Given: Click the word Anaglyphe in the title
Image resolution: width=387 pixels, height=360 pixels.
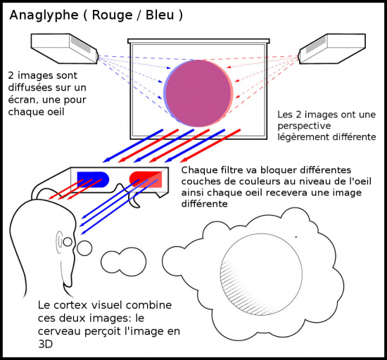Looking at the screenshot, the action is (x=44, y=15).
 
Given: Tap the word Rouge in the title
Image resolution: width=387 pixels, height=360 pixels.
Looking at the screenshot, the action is (x=113, y=15).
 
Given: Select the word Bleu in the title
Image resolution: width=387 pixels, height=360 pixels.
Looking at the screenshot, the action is (x=160, y=15).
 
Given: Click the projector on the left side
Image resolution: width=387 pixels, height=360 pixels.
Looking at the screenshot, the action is (x=65, y=49).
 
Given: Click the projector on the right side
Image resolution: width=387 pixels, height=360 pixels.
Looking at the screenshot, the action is (x=331, y=49).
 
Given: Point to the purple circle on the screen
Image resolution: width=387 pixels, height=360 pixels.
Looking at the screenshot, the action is (x=198, y=94).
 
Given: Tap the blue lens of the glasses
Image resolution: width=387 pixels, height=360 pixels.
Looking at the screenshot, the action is (x=93, y=179).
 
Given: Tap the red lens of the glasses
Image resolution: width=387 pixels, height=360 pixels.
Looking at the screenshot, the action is (x=146, y=179).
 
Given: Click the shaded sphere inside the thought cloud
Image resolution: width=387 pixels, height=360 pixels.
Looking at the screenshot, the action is (x=261, y=274).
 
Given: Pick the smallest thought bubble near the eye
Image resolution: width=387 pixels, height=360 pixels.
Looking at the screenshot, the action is (x=84, y=248).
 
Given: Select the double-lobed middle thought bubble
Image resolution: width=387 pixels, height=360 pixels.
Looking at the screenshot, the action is (x=123, y=262).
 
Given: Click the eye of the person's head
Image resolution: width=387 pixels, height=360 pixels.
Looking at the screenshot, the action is (x=68, y=242).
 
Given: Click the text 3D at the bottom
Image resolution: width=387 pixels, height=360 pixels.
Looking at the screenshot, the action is (x=46, y=345).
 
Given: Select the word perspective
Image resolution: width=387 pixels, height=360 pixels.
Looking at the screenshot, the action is (x=304, y=127).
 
